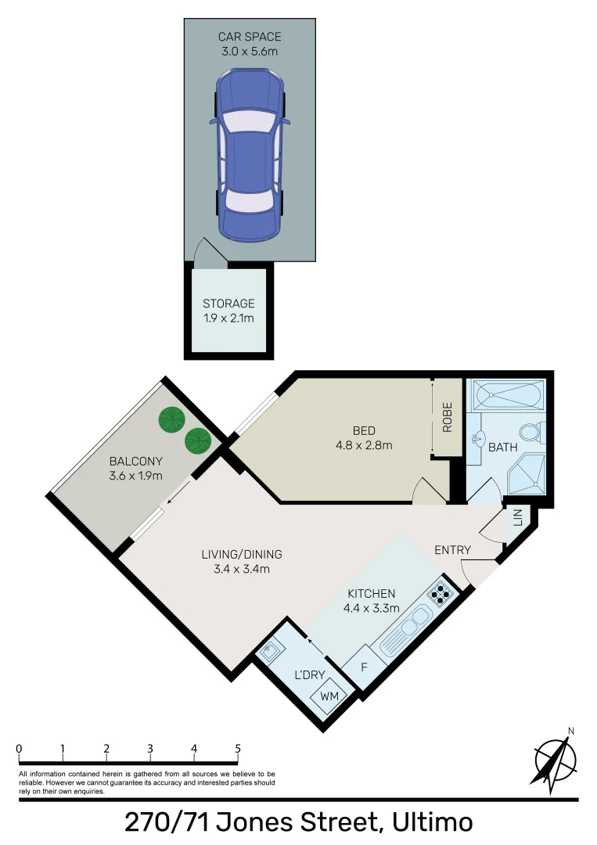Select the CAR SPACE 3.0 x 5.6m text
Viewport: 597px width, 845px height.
(x=250, y=44)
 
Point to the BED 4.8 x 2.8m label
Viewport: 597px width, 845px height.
(x=363, y=437)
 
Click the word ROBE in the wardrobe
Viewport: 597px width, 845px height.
(x=448, y=417)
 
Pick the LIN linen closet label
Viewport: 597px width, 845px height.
(x=518, y=517)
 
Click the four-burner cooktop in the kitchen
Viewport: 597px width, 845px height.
(x=441, y=595)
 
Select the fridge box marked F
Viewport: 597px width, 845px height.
(x=364, y=668)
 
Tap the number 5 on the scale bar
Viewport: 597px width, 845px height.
(x=237, y=748)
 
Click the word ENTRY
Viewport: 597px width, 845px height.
(x=452, y=550)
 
